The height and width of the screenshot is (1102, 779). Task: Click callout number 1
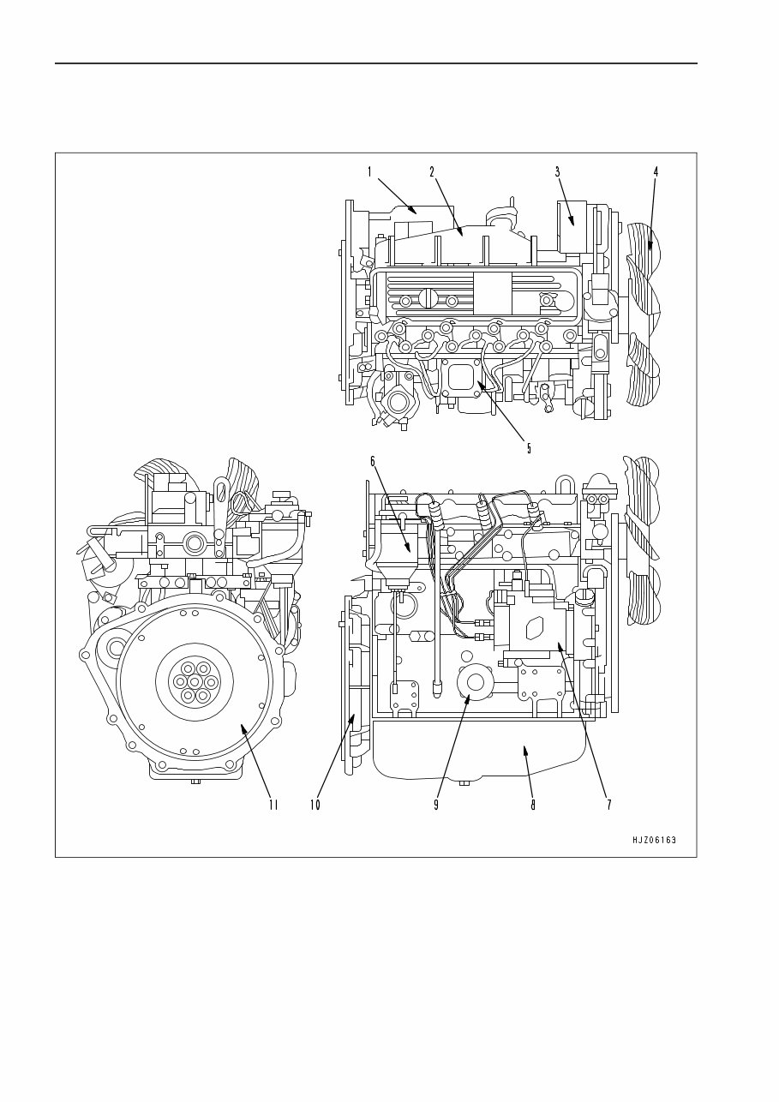[x=369, y=171]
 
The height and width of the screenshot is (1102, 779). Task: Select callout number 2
[x=432, y=171]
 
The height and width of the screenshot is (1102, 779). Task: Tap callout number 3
[x=557, y=171]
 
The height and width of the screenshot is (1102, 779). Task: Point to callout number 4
[x=656, y=171]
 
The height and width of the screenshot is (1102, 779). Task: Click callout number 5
[x=529, y=447]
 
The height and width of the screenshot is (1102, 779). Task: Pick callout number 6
[x=373, y=461]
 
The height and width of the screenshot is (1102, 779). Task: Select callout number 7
[x=608, y=805]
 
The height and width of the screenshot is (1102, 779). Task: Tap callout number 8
[x=533, y=805]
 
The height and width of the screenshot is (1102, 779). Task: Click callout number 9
[x=435, y=805]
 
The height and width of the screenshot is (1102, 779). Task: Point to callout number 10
[x=315, y=805]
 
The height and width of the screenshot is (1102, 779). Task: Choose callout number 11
[x=273, y=805]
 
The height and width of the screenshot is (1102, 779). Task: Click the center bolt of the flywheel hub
[x=195, y=682]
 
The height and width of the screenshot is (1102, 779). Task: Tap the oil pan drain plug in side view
[x=464, y=782]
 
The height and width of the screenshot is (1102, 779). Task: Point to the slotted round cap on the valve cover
[x=428, y=299]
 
